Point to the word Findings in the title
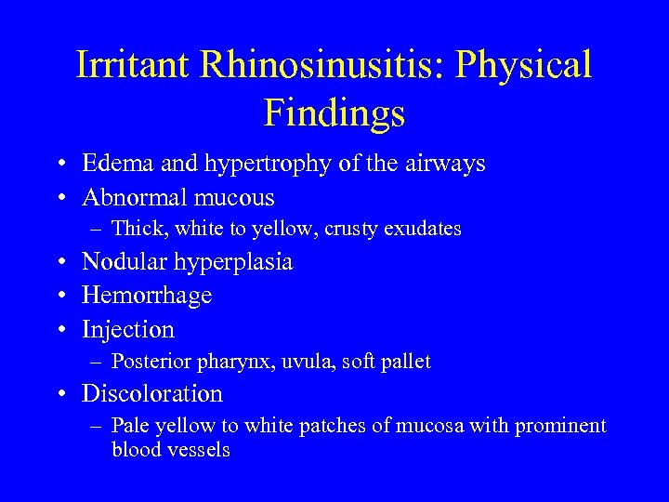334,112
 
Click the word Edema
111,164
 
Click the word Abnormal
130,198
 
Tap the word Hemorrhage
147,296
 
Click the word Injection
128,330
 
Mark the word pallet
407,362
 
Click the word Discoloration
152,394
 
